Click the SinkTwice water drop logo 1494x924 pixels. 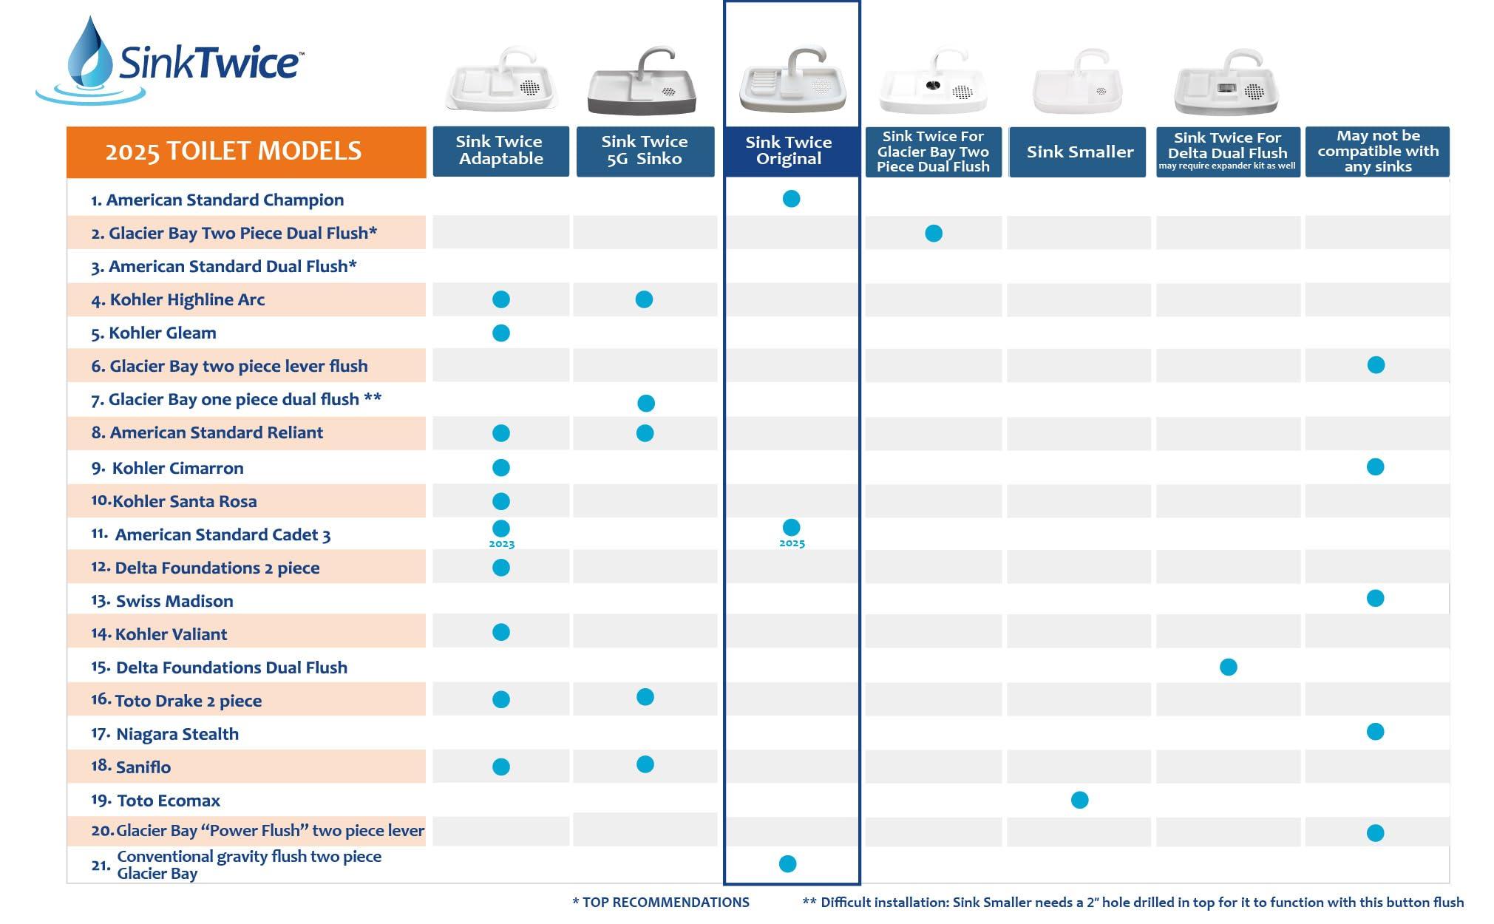[90, 59]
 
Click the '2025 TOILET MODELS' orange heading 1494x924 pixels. [234, 152]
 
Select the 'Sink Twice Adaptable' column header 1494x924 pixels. [500, 151]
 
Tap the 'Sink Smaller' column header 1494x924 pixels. [1079, 152]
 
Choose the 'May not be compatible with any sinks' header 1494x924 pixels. [1377, 152]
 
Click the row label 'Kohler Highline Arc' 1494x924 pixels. [187, 299]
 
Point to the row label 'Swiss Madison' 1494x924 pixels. [174, 601]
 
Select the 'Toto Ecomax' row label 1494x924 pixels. [169, 801]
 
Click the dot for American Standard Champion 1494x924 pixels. [791, 199]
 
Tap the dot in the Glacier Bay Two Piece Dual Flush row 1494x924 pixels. [934, 234]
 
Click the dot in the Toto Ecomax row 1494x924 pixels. [1079, 800]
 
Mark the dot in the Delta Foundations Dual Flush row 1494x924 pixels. [1228, 667]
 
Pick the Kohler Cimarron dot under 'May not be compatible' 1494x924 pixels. [1375, 467]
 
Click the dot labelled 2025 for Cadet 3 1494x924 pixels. [791, 528]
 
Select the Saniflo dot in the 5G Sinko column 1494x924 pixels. [645, 764]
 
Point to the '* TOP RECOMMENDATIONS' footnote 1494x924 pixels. [661, 903]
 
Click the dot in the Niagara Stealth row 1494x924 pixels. [1375, 732]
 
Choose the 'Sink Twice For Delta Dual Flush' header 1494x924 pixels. [1227, 152]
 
